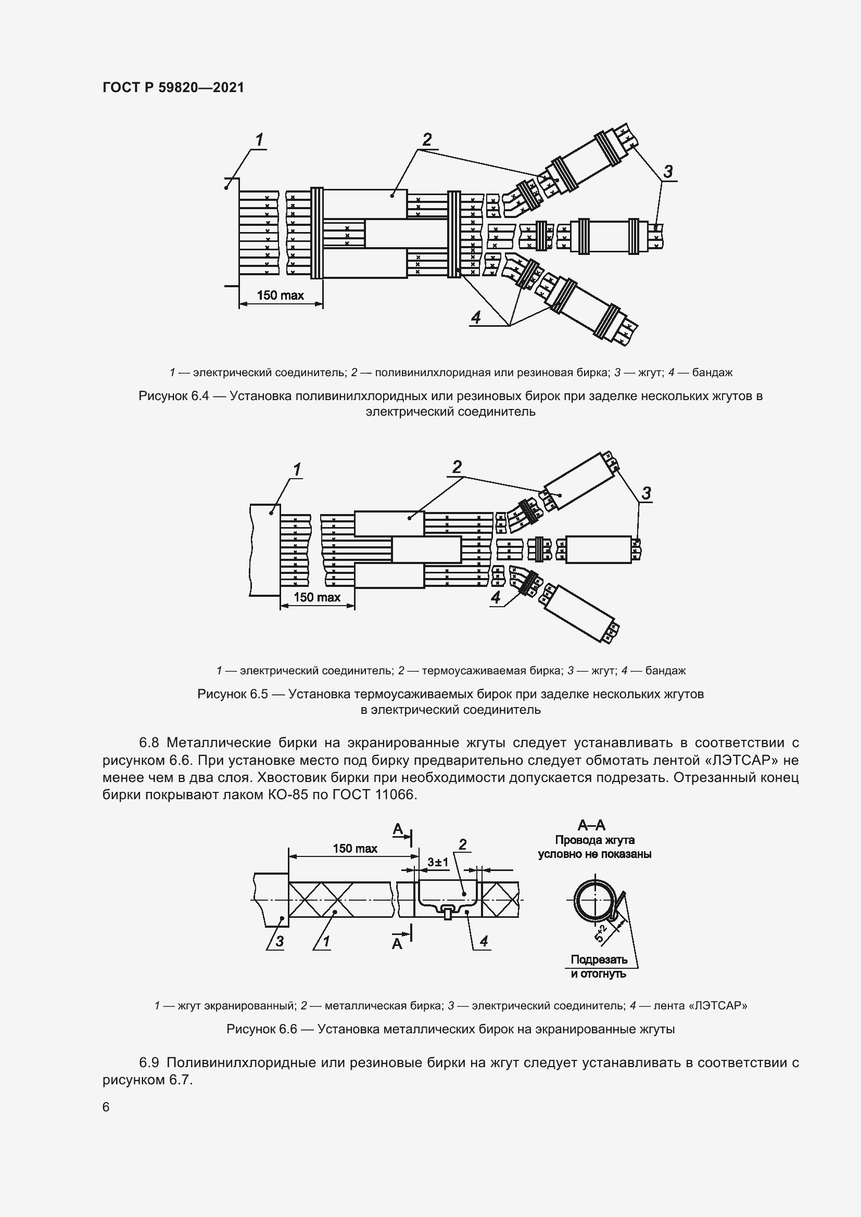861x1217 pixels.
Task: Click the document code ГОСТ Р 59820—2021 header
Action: (173, 87)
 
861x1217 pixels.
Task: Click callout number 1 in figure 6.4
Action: (259, 140)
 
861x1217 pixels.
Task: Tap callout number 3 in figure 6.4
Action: (668, 171)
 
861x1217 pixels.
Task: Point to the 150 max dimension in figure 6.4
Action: (280, 295)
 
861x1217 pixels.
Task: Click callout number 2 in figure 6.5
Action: (457, 467)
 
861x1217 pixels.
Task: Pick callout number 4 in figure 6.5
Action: (496, 597)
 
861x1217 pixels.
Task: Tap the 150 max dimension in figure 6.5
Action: (316, 597)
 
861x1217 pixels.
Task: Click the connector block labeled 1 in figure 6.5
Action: (264, 549)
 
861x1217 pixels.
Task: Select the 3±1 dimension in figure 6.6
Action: (438, 862)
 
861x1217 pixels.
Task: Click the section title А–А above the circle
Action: (591, 825)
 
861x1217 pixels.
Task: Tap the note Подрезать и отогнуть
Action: (599, 966)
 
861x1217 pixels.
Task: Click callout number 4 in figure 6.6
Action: (484, 941)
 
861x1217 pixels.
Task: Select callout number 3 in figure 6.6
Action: (280, 941)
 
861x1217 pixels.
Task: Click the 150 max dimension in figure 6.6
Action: (354, 849)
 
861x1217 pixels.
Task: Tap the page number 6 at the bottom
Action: (106, 1107)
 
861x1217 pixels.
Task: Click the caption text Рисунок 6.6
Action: (261, 1029)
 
